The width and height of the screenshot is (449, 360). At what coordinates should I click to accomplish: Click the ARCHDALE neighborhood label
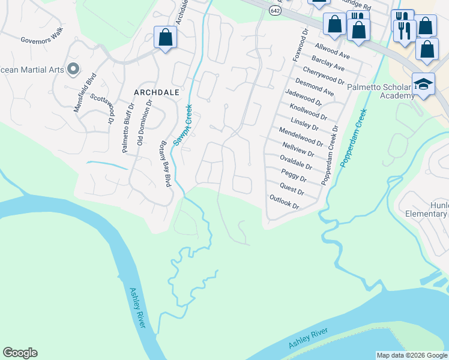[x=157, y=92]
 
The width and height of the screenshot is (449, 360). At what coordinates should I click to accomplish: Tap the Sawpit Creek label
[x=182, y=125]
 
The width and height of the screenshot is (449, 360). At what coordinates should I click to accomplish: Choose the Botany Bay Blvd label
[x=164, y=164]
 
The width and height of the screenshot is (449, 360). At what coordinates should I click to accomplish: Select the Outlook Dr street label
[x=284, y=202]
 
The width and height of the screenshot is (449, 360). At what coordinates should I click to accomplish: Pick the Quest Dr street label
[x=292, y=190]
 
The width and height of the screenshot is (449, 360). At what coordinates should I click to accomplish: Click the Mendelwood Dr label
[x=301, y=136]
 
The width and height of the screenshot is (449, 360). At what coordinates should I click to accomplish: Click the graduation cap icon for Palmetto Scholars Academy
[x=423, y=83]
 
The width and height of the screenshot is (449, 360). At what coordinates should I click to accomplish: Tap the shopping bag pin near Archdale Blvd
[x=165, y=37]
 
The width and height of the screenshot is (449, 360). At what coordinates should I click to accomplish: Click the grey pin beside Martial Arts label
[x=73, y=69]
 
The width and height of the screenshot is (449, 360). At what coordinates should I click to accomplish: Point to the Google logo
[x=20, y=353]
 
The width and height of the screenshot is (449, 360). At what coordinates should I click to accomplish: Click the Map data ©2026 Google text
[x=412, y=355]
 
